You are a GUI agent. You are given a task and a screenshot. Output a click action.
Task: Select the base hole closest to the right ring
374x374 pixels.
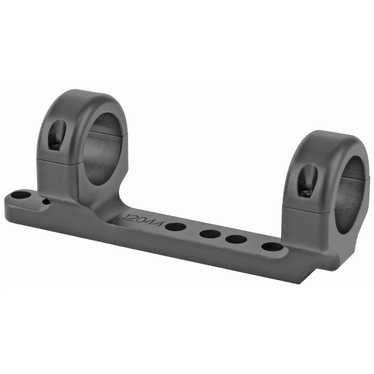click(272, 247)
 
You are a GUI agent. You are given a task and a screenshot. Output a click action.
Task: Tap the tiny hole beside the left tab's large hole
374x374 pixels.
click(46, 202)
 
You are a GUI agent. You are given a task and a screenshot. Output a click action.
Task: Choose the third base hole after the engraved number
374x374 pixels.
click(236, 239)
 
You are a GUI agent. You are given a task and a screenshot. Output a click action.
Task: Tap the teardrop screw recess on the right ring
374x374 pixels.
click(307, 180)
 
